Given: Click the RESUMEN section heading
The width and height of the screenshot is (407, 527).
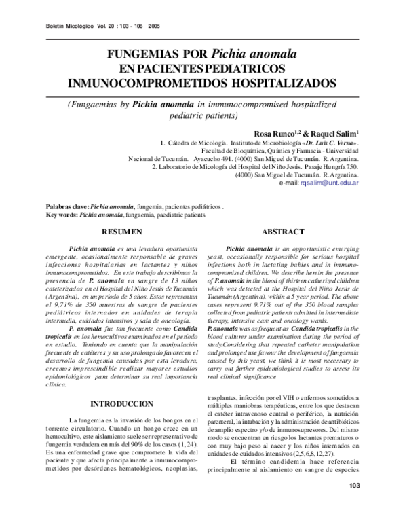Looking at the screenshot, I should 126,232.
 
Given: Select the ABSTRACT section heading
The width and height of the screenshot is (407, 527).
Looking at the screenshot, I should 283,232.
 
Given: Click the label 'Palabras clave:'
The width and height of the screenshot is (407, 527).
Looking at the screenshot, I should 66,206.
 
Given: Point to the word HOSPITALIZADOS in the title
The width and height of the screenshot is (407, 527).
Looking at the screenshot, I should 285,83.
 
